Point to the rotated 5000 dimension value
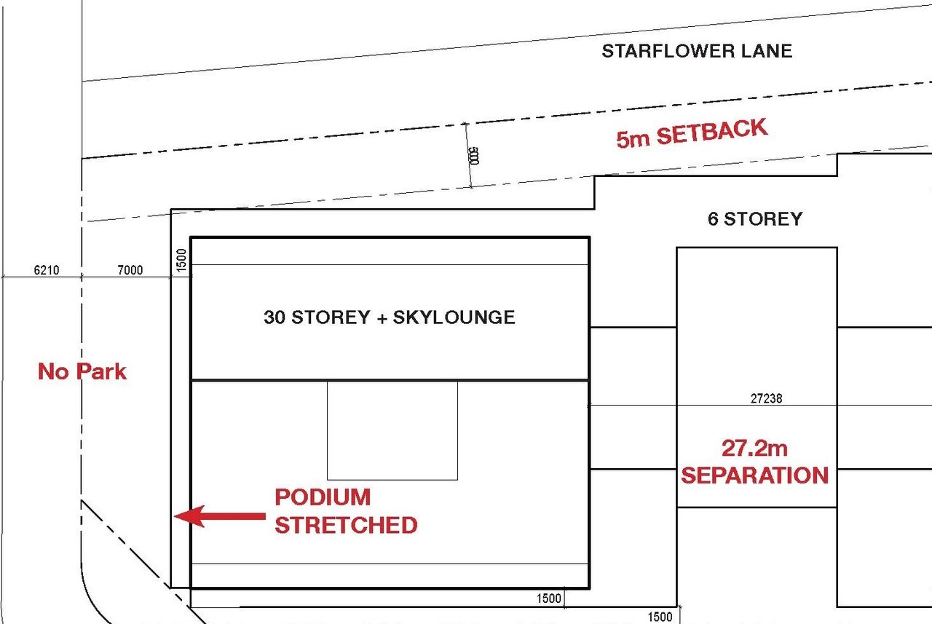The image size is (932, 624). [473, 156]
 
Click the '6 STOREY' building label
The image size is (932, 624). [755, 218]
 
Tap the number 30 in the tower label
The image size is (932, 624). [275, 317]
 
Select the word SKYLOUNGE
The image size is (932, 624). [454, 317]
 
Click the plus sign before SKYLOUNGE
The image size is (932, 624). [382, 317]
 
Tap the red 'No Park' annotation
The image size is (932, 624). [82, 371]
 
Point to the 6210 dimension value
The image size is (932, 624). [47, 270]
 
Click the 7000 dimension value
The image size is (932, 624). [130, 270]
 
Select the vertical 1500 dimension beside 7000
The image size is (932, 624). [182, 259]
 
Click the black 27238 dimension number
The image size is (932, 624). [766, 398]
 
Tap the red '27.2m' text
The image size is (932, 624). [755, 447]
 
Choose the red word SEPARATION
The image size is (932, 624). [755, 475]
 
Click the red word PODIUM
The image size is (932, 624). [323, 497]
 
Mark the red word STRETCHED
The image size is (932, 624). [346, 525]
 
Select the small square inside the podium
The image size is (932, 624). [392, 430]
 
